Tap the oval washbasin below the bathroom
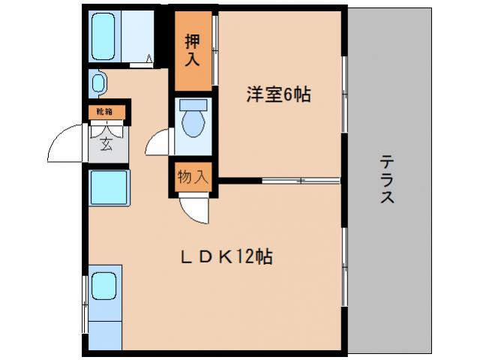coord(98,82)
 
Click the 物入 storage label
coord(192,177)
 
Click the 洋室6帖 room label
coord(279,95)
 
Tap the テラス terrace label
coord(388,180)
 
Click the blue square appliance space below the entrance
coord(109,187)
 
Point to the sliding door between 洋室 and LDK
coord(300,181)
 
